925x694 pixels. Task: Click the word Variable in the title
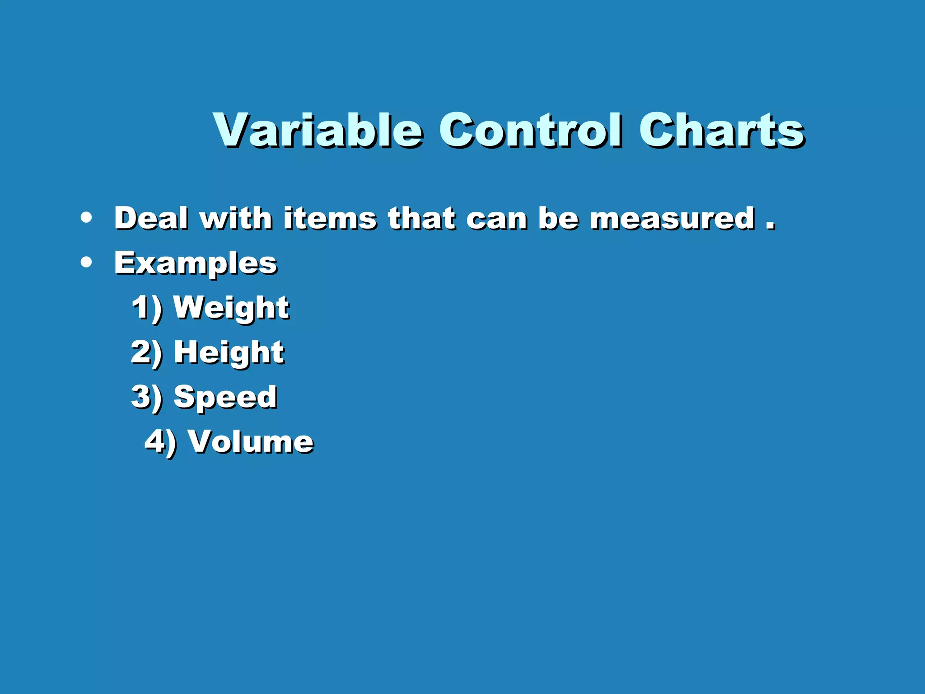coord(318,131)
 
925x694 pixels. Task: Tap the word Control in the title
coord(530,131)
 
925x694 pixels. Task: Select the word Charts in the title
coord(721,131)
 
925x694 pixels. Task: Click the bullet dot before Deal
coord(86,218)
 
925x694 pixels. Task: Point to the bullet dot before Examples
coord(86,262)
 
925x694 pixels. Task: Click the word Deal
coord(151,218)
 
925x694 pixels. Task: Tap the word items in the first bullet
coord(330,218)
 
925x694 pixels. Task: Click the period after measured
coord(770,225)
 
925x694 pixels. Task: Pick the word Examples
coord(195,263)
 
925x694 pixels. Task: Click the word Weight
coord(231,308)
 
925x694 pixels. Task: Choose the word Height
coord(229,353)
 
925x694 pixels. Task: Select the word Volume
coord(250,441)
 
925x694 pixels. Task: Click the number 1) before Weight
coord(147,308)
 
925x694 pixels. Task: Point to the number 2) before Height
coord(146,353)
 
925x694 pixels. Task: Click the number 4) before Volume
coord(160,442)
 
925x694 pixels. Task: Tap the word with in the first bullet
coord(236,218)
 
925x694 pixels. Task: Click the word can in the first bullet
coord(496,219)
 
